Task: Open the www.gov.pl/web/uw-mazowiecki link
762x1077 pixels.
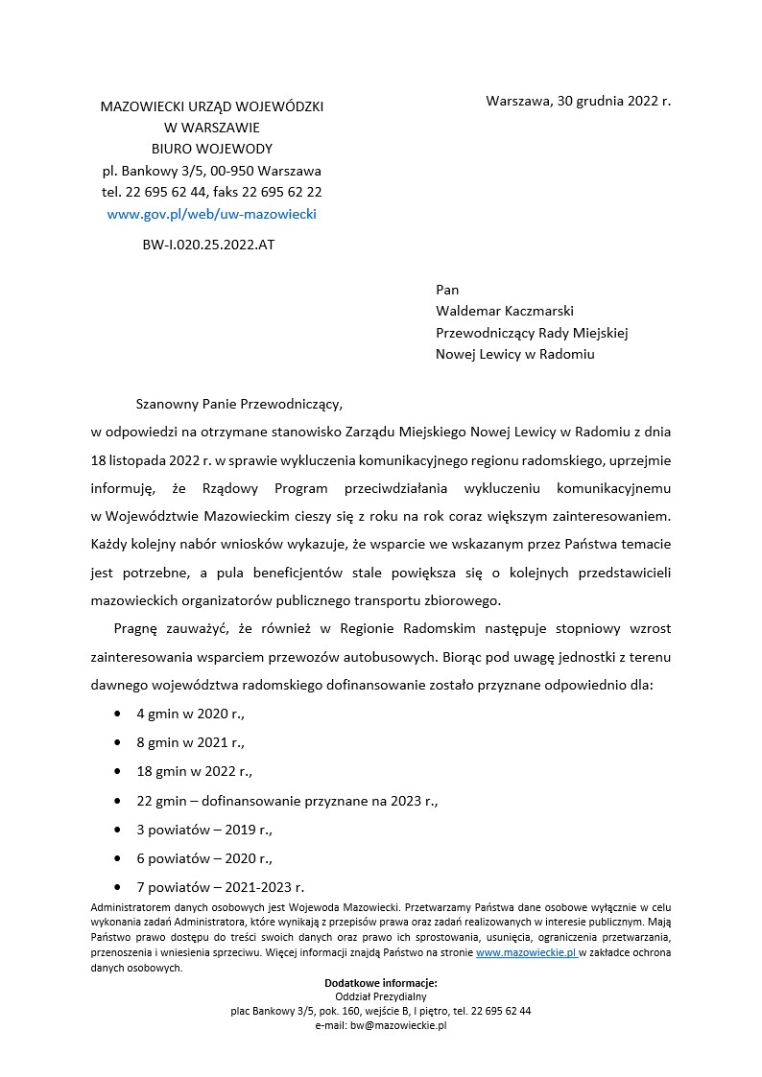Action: pyautogui.click(x=211, y=214)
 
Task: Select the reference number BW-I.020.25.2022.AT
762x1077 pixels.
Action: pyautogui.click(x=208, y=245)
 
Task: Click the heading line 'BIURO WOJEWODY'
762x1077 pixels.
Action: pyautogui.click(x=211, y=149)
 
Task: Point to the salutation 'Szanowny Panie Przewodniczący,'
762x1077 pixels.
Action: pyautogui.click(x=239, y=405)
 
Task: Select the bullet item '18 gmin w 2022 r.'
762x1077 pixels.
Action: pyautogui.click(x=194, y=771)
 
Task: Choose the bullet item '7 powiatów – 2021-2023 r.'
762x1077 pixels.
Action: pyautogui.click(x=220, y=887)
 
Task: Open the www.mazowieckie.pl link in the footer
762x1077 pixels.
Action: pyautogui.click(x=526, y=953)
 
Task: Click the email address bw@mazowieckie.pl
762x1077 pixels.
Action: pyautogui.click(x=381, y=1025)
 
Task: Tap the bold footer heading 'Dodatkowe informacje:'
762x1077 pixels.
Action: pyautogui.click(x=381, y=983)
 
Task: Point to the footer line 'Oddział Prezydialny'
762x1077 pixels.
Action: pyautogui.click(x=381, y=997)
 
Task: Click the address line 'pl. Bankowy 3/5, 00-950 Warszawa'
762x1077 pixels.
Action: pyautogui.click(x=211, y=171)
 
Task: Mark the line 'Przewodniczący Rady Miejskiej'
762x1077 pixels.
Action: pyautogui.click(x=532, y=332)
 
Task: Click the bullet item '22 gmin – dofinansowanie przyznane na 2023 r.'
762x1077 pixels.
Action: pyautogui.click(x=287, y=801)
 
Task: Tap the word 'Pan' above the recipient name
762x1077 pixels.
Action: pyautogui.click(x=447, y=290)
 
